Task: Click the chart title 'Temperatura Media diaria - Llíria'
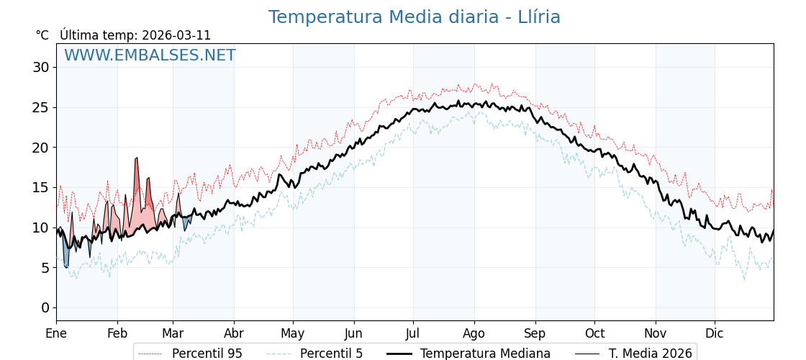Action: [x=414, y=17]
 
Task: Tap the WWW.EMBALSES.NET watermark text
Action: [x=150, y=55]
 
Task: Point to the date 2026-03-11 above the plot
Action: [x=176, y=35]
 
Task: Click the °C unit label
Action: [x=42, y=35]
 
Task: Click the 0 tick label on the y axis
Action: [x=45, y=307]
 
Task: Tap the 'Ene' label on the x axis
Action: [x=56, y=333]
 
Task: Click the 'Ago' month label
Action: [x=474, y=333]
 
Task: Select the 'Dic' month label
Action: [x=715, y=333]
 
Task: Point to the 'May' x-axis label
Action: [x=293, y=333]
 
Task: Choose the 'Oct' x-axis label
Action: [x=594, y=333]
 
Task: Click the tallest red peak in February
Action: [x=136, y=160]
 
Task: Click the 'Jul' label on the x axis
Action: [x=413, y=333]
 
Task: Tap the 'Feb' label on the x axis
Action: [x=117, y=333]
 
